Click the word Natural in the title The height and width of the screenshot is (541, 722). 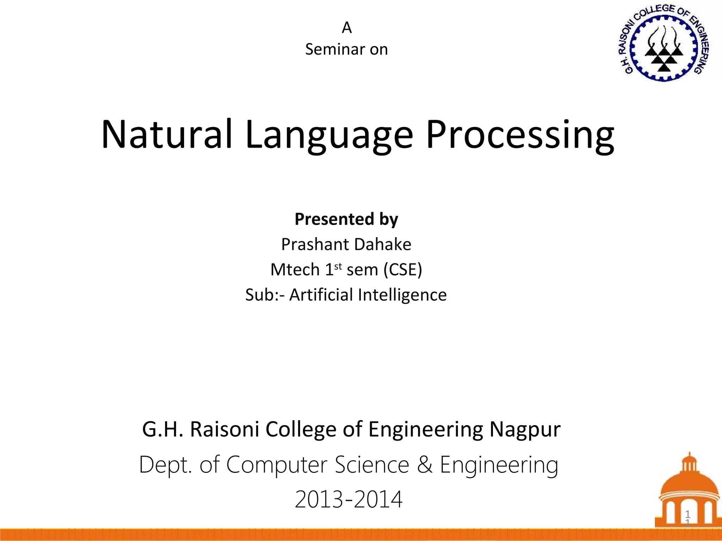pos(167,135)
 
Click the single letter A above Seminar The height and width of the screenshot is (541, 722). pos(347,27)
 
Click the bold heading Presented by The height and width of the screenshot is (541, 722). pos(346,219)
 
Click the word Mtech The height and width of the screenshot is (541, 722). pos(295,270)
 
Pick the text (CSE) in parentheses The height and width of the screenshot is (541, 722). pos(403,270)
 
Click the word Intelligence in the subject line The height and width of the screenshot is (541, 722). pos(402,295)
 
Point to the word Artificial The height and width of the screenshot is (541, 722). pos(321,295)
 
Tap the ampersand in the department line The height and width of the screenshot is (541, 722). pos(424,465)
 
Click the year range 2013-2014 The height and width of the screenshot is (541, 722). pos(348,499)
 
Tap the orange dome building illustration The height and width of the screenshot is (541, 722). pos(688,493)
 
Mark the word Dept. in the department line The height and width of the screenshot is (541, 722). pos(165,465)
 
